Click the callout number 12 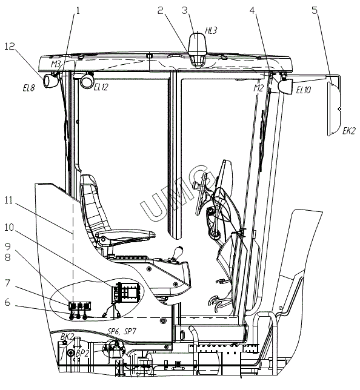(10, 46)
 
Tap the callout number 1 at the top (78, 10)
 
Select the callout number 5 (315, 10)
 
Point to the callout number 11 (8, 200)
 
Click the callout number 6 (8, 302)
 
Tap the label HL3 (211, 31)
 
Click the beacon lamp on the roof (198, 50)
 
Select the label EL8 (29, 88)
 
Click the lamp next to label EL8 (50, 80)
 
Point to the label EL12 (101, 87)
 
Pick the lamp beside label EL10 (285, 85)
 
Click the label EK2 (348, 131)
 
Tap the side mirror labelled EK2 (334, 109)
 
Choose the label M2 (258, 88)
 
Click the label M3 (56, 64)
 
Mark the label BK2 (67, 337)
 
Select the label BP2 (82, 354)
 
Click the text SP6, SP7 (122, 331)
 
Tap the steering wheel (201, 194)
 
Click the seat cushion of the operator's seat (125, 235)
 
